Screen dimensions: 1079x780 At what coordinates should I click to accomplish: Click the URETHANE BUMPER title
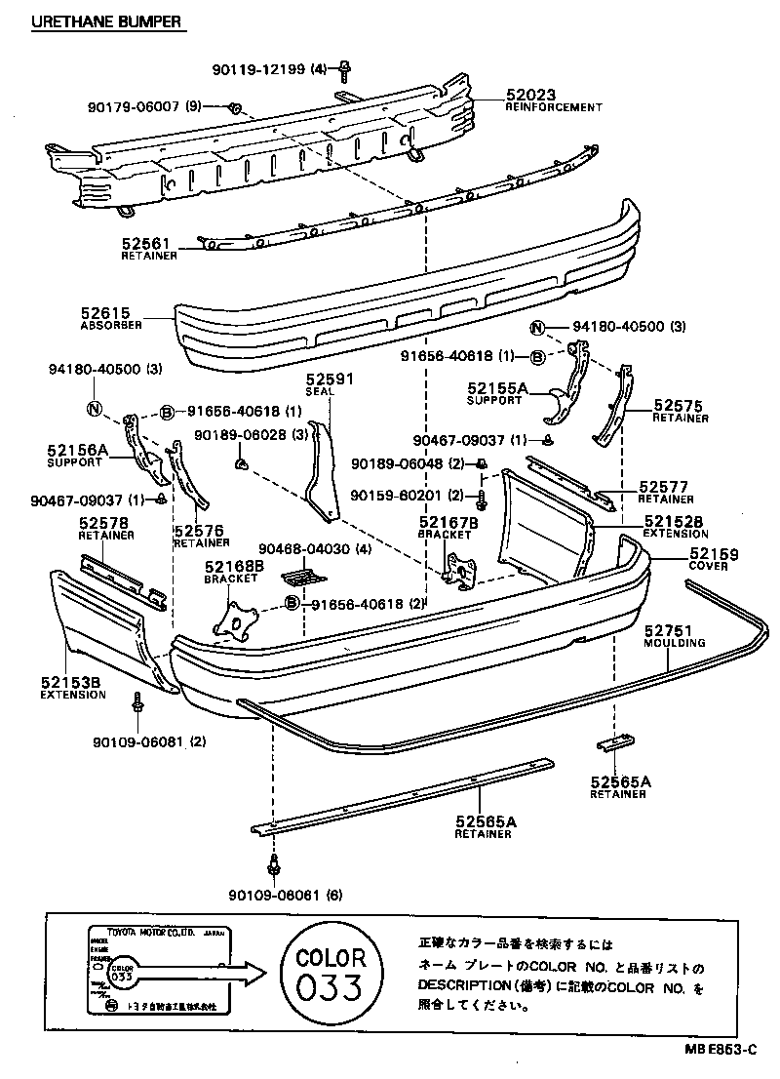(107, 20)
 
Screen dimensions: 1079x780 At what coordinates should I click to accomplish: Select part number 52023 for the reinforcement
(530, 95)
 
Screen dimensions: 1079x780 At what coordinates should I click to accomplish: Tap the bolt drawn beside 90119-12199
(345, 68)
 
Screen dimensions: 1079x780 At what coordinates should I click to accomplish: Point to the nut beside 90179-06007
(235, 107)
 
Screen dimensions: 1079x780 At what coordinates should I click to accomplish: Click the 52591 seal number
(329, 379)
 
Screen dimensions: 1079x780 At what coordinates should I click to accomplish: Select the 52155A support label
(496, 388)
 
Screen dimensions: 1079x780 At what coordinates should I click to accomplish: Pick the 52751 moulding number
(668, 632)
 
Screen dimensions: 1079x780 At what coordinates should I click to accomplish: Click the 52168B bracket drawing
(237, 616)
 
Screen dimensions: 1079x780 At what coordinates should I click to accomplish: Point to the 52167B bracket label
(448, 522)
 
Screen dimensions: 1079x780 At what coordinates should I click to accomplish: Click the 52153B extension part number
(70, 683)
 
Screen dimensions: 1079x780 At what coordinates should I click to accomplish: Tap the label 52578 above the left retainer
(102, 523)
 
